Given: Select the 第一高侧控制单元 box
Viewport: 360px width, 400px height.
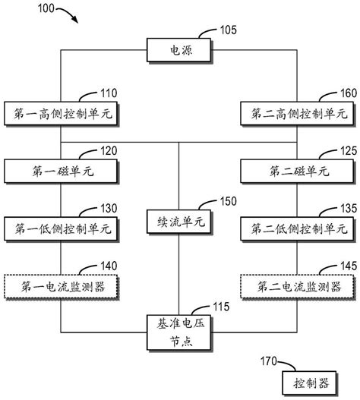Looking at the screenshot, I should [60, 114].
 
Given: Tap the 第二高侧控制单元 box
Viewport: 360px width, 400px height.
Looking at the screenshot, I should [298, 114].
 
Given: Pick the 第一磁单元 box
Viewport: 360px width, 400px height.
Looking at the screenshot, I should [60, 170].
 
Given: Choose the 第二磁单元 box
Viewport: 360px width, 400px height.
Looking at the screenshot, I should [298, 170].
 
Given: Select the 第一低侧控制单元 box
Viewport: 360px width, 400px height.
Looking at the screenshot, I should [60, 227].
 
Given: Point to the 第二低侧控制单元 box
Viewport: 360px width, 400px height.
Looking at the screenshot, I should [298, 227].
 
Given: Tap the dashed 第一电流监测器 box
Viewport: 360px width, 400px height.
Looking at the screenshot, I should [60, 286].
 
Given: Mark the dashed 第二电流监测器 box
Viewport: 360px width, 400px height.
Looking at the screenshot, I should [298, 286].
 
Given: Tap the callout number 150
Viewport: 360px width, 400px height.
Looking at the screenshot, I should [227, 203].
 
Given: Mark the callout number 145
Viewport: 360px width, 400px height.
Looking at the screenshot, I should [346, 266].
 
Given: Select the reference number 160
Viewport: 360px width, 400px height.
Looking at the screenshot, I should [346, 95].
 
